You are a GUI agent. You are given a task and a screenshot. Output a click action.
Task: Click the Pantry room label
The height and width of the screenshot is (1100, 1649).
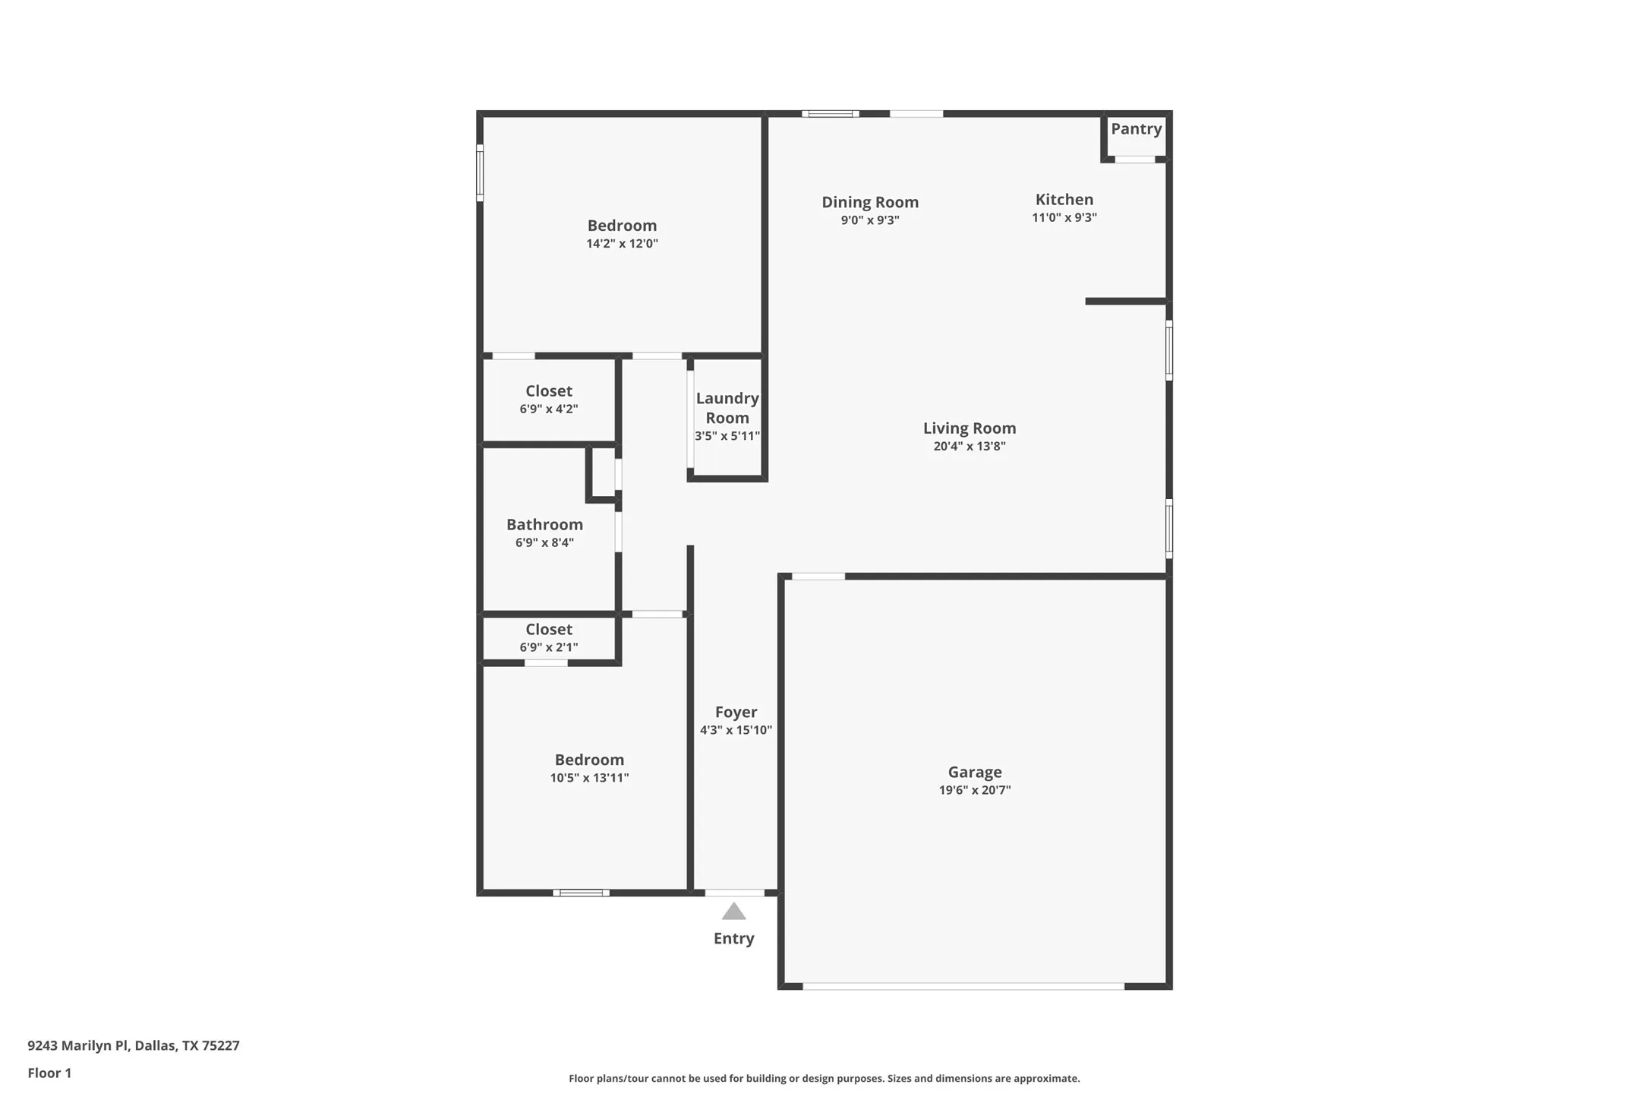tap(1136, 129)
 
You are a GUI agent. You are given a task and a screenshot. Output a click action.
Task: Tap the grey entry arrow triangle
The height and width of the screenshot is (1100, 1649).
tap(733, 912)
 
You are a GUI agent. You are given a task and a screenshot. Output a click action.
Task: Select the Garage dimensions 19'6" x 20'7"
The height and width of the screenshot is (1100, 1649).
tap(974, 790)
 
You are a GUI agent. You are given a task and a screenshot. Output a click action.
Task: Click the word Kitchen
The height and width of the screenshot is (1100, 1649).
tap(1064, 200)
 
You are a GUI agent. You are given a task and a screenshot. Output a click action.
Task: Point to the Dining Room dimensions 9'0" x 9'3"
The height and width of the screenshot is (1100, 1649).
tap(869, 220)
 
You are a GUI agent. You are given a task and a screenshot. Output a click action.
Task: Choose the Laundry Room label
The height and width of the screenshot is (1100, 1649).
tap(727, 408)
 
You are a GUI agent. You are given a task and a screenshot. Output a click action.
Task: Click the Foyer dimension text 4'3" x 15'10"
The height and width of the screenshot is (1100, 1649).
tap(736, 730)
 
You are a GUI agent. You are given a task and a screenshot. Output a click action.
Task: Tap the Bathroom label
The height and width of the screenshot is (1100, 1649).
tap(544, 525)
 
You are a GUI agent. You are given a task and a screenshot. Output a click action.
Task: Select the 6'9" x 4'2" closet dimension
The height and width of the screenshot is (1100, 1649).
tap(548, 409)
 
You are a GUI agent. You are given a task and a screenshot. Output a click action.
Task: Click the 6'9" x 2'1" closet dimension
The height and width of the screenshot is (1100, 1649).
tap(548, 647)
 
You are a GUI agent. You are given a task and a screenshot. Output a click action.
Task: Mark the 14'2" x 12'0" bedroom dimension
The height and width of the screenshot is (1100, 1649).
tap(622, 244)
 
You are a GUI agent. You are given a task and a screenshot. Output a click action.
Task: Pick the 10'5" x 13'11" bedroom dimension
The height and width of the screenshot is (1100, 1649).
tap(589, 778)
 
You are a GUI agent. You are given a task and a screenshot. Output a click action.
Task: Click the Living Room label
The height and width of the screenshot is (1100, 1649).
tap(969, 428)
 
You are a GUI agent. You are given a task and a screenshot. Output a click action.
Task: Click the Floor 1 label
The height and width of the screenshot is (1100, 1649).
tap(49, 1073)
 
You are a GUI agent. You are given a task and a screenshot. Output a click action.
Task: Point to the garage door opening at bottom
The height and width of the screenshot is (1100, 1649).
tap(963, 986)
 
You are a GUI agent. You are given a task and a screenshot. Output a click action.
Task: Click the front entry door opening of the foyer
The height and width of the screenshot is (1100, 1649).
tap(734, 893)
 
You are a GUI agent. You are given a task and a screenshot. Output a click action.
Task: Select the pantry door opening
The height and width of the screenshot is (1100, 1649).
tap(1135, 160)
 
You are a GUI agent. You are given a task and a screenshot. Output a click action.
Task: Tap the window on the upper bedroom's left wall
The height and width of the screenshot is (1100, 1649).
tap(480, 173)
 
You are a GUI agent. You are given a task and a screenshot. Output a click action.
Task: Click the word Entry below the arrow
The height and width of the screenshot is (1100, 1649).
tap(733, 938)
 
